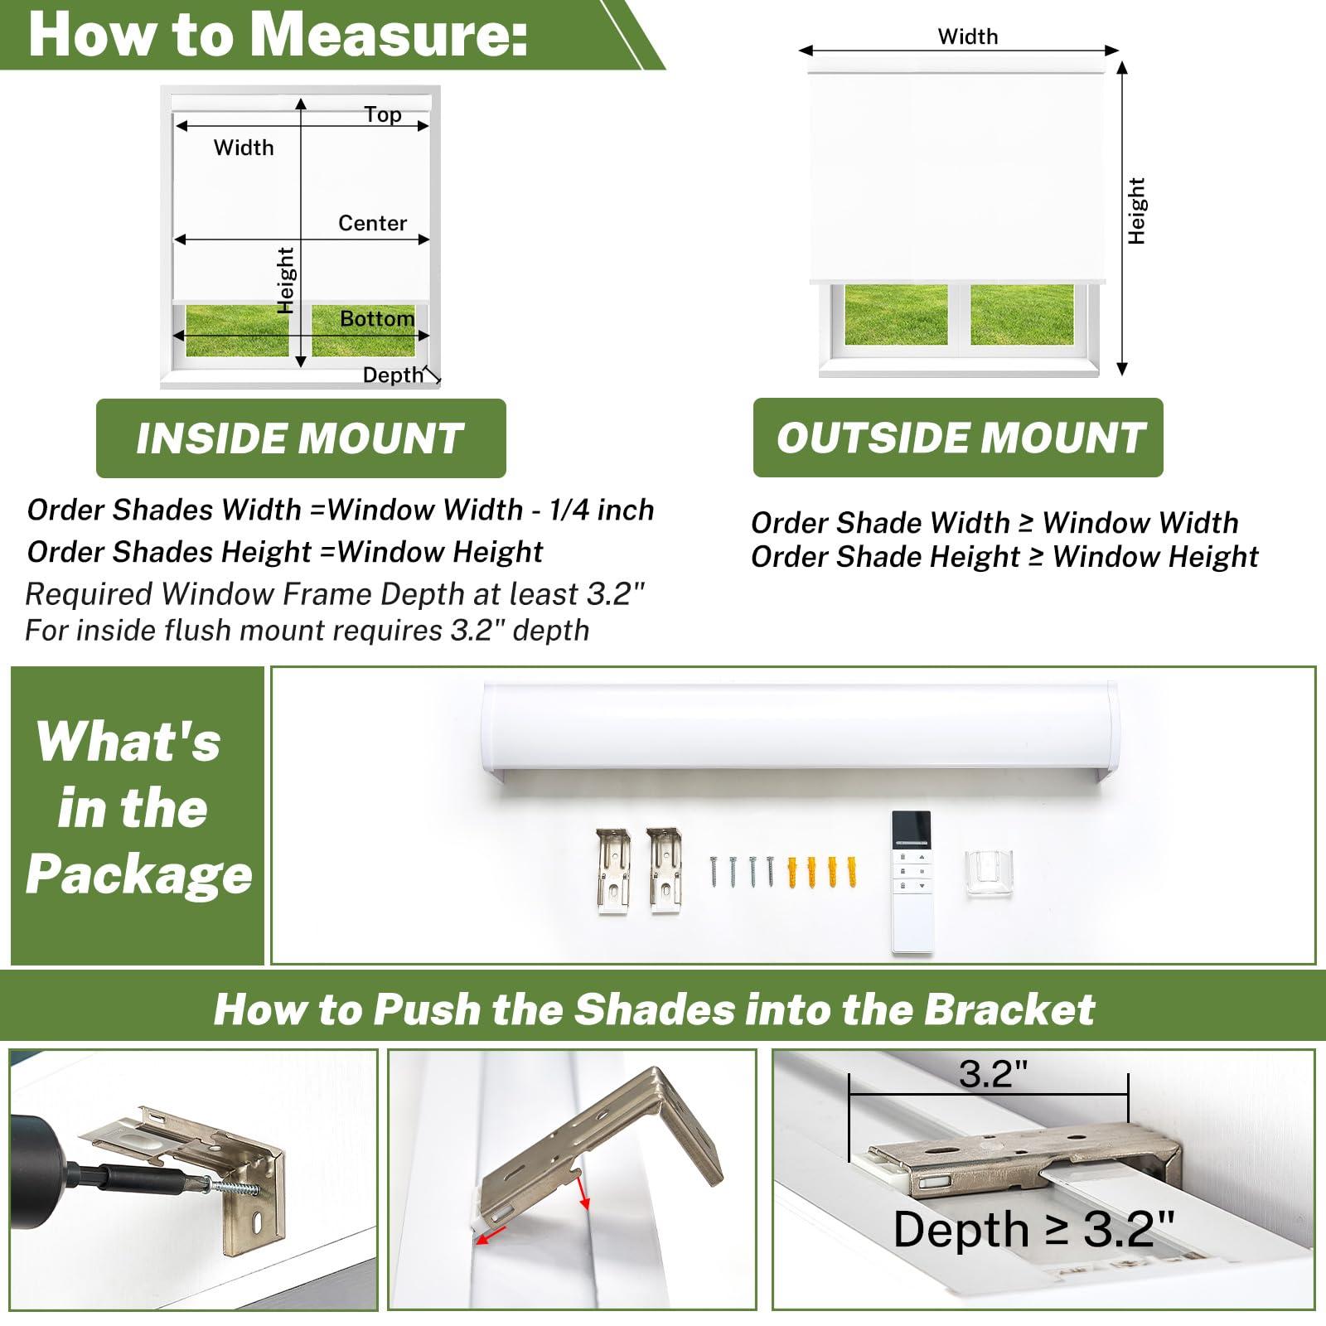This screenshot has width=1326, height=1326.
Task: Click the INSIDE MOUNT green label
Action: pyautogui.click(x=301, y=438)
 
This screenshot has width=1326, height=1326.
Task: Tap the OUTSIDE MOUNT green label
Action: pyautogui.click(x=958, y=438)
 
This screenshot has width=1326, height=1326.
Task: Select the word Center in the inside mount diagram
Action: pyautogui.click(x=372, y=223)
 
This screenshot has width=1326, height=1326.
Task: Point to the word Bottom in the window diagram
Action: pyautogui.click(x=377, y=318)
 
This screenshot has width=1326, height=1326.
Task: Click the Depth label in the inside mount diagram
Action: pyautogui.click(x=393, y=375)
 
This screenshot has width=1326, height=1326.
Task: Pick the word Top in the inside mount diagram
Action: pyautogui.click(x=383, y=114)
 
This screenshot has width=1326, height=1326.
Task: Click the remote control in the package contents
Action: pyautogui.click(x=912, y=882)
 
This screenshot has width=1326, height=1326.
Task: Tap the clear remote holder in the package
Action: pyautogui.click(x=989, y=874)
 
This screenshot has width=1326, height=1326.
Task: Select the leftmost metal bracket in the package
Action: pyautogui.click(x=613, y=871)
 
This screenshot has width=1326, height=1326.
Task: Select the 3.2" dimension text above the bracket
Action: pyautogui.click(x=993, y=1074)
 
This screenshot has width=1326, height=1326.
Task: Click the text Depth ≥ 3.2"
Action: pyautogui.click(x=1033, y=1229)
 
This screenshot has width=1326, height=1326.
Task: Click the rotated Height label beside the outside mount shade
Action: pyautogui.click(x=1136, y=211)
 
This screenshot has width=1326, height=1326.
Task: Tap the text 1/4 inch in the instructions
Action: pyautogui.click(x=602, y=510)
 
